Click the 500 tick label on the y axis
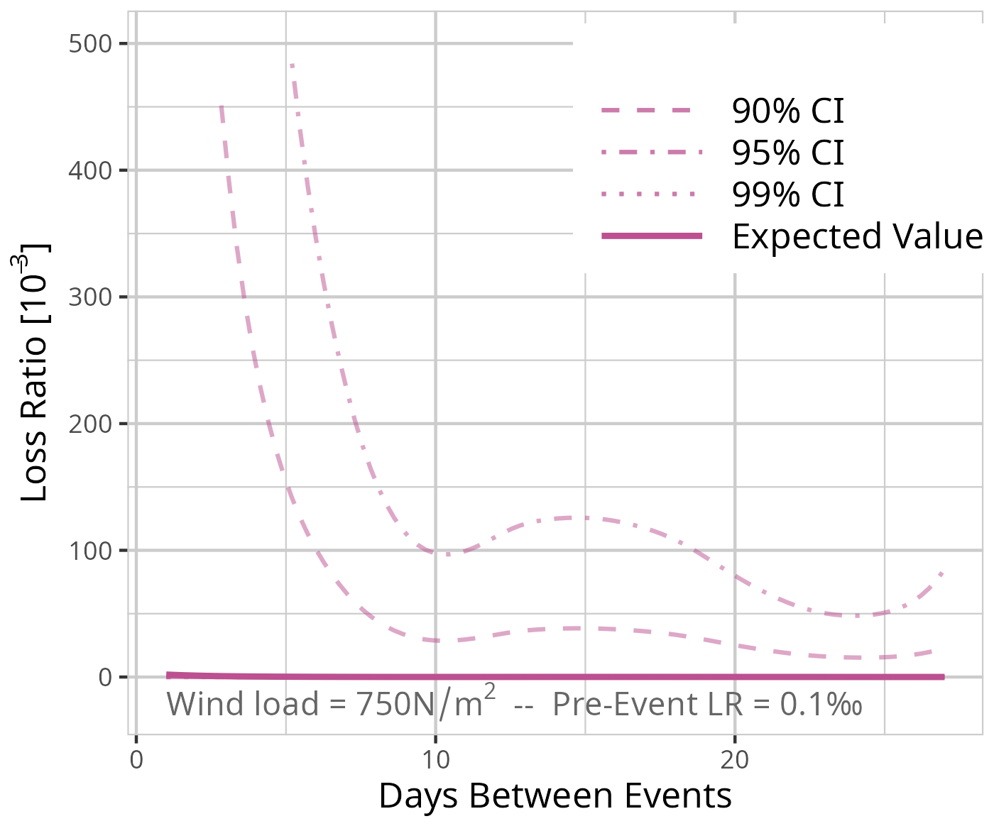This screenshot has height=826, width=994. pyautogui.click(x=90, y=44)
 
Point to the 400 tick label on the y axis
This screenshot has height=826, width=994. pyautogui.click(x=90, y=170)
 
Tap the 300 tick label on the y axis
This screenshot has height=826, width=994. pyautogui.click(x=90, y=297)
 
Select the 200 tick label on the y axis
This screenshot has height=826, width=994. pyautogui.click(x=90, y=424)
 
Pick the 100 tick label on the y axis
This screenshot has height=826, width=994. pyautogui.click(x=90, y=551)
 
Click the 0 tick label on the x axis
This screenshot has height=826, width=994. pyautogui.click(x=136, y=761)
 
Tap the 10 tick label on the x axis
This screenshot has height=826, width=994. pyautogui.click(x=435, y=761)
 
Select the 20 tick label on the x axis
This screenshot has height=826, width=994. pyautogui.click(x=735, y=761)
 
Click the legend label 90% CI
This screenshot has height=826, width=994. pyautogui.click(x=787, y=111)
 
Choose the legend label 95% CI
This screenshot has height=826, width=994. pyautogui.click(x=787, y=153)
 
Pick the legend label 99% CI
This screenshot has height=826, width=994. pyautogui.click(x=787, y=194)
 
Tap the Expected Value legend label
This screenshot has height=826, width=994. pyautogui.click(x=857, y=236)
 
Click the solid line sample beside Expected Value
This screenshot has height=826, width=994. pyautogui.click(x=651, y=236)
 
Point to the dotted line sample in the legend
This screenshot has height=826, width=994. pyautogui.click(x=651, y=194)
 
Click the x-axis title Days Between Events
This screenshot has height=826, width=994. pyautogui.click(x=555, y=796)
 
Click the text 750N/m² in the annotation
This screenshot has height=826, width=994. pyautogui.click(x=426, y=704)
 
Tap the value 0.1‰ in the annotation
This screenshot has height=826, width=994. pyautogui.click(x=821, y=705)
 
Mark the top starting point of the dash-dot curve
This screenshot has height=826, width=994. pyautogui.click(x=292, y=65)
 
